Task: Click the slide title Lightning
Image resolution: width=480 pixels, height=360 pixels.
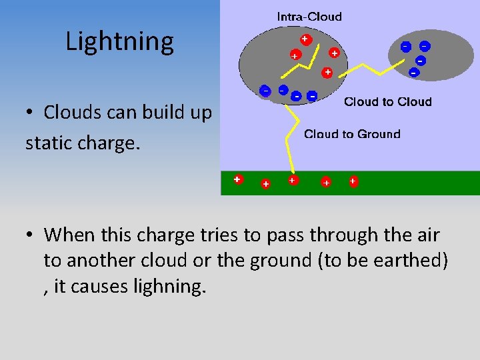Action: [119, 41]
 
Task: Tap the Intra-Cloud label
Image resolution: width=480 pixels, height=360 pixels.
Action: [309, 17]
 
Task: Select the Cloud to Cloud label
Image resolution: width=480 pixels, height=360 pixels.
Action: [387, 102]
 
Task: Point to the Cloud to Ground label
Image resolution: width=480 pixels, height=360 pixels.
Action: [352, 134]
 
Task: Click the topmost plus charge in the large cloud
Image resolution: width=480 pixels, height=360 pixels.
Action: [305, 39]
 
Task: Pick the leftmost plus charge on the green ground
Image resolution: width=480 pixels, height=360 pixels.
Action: [237, 179]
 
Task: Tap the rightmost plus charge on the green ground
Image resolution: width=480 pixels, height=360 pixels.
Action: [353, 181]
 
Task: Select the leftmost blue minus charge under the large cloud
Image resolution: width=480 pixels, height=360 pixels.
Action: [265, 91]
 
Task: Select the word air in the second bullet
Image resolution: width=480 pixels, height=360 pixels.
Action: [427, 235]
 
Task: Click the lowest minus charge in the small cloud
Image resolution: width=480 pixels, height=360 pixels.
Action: [413, 71]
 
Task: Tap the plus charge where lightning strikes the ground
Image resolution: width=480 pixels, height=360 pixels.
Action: [292, 180]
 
